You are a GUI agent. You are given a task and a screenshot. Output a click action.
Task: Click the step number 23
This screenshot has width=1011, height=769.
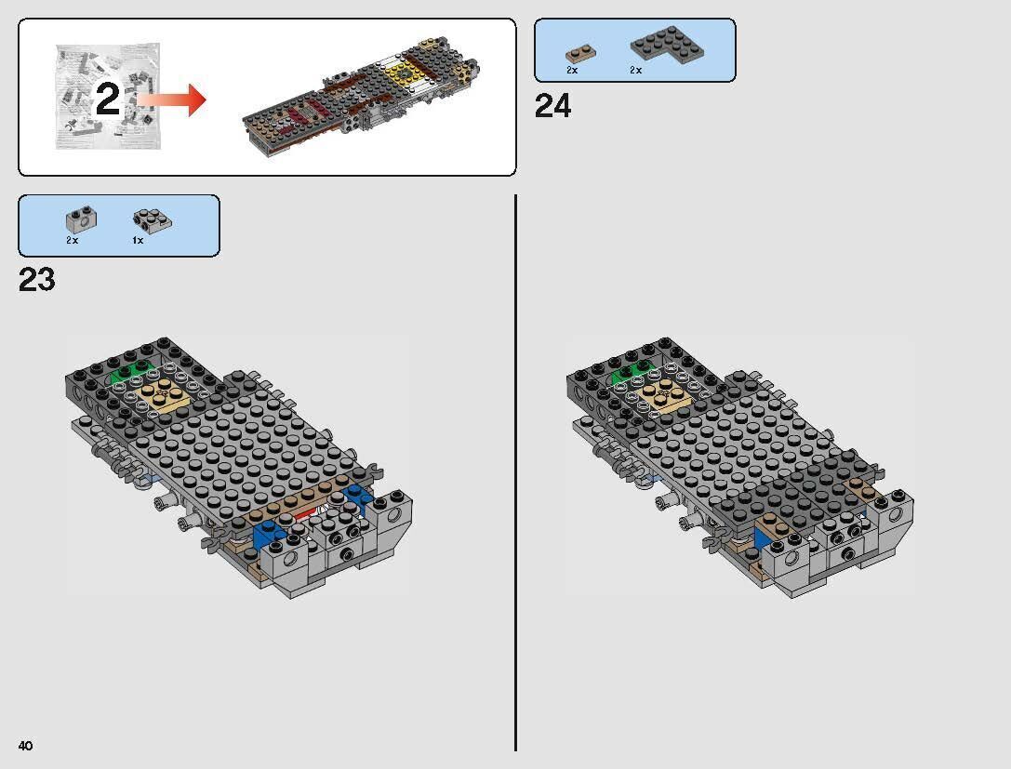(37, 280)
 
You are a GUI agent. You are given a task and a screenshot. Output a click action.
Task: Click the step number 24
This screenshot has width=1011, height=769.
(552, 107)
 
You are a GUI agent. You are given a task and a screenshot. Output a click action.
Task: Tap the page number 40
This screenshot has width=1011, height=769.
(25, 746)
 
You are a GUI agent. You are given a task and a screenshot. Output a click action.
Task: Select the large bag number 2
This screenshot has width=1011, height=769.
(108, 99)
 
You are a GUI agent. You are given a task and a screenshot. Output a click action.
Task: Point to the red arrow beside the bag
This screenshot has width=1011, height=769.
(174, 99)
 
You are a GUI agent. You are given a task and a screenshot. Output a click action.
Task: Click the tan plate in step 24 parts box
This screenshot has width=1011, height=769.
(578, 52)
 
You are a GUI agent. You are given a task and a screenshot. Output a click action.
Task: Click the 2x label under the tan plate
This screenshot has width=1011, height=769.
(572, 71)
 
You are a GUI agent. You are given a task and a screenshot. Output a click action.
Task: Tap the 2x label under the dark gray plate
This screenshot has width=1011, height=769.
(635, 71)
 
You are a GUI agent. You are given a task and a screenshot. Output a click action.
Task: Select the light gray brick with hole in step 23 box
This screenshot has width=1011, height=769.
(77, 219)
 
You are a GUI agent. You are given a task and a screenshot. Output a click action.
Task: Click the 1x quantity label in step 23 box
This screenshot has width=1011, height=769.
(137, 241)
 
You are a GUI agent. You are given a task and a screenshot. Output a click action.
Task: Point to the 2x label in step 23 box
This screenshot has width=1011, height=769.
(72, 241)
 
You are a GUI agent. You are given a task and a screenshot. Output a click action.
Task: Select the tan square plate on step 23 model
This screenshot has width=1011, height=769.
(165, 397)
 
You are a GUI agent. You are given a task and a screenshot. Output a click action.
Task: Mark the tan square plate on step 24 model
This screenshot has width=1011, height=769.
(667, 396)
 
